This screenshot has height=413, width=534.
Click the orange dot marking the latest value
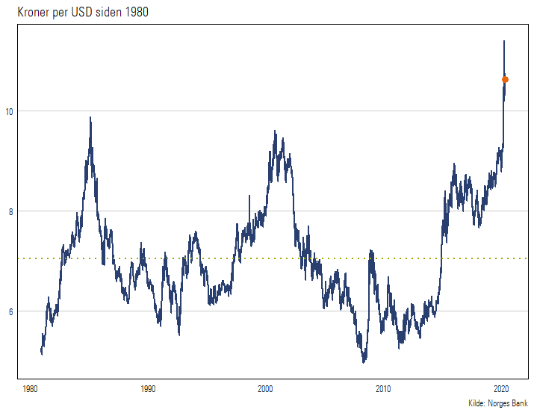[505, 79]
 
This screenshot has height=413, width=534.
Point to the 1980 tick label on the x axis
[31, 389]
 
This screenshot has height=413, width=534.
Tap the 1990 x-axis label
[148, 389]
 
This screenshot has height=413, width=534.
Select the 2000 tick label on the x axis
[266, 389]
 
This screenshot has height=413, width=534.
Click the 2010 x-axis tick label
[383, 389]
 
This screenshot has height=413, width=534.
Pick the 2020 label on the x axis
[501, 389]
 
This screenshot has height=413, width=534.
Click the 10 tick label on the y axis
[10, 111]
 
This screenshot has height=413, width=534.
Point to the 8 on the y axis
[10, 211]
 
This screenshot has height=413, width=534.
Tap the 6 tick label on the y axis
[10, 311]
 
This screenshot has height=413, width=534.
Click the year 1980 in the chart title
[125, 11]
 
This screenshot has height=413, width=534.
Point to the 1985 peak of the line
[90, 117]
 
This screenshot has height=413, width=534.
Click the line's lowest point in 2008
[364, 361]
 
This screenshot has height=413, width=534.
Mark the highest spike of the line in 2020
[504, 41]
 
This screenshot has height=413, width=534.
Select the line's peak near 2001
[275, 131]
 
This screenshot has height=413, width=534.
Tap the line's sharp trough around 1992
[178, 334]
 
